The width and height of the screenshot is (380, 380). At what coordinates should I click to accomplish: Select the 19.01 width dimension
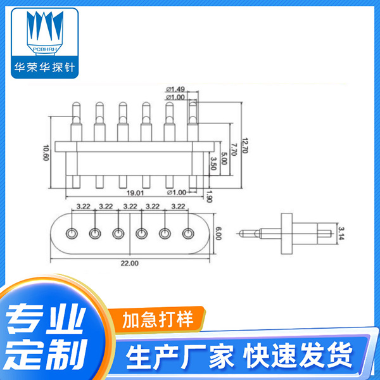[135, 192]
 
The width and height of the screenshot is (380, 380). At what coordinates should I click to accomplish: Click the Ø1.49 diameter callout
[175, 89]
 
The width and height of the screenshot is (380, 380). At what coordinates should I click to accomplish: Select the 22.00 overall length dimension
[130, 262]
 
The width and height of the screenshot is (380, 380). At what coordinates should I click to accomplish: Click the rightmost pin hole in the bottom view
[188, 234]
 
